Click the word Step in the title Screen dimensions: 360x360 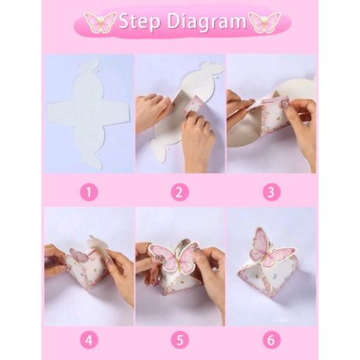(x=139, y=22)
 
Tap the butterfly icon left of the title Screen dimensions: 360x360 (x=100, y=23)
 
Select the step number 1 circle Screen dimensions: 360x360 (x=89, y=192)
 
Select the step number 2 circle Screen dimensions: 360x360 (x=180, y=192)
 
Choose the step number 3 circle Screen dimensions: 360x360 (x=271, y=192)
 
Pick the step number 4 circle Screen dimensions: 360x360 (x=89, y=340)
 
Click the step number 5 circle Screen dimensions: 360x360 (x=180, y=340)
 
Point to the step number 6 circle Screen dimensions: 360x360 (x=271, y=340)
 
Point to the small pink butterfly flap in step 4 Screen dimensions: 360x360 (x=77, y=257)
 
